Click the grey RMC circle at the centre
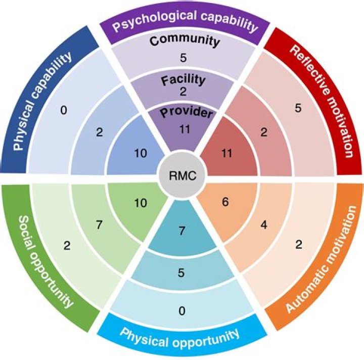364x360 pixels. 181,176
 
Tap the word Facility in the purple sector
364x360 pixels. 183,79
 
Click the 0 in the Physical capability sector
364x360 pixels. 64,109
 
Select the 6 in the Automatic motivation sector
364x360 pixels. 225,201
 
